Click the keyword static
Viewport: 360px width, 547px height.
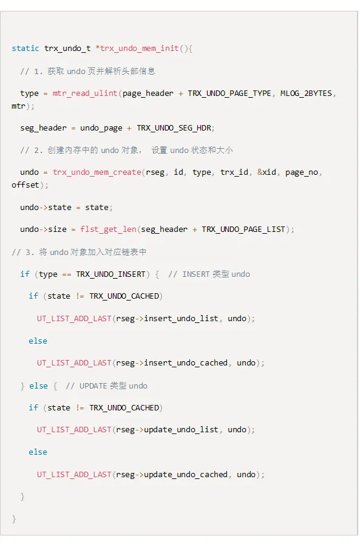[25, 48]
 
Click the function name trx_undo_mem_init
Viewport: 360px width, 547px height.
[140, 49]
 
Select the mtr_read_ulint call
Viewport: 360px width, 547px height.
[85, 93]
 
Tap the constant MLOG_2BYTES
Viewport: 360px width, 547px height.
[306, 93]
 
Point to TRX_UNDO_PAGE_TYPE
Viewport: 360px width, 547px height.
[229, 93]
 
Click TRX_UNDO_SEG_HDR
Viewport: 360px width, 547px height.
[174, 128]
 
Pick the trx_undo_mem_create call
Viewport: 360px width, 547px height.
[97, 172]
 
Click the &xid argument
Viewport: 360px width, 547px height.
[267, 172]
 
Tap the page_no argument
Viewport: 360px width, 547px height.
[301, 172]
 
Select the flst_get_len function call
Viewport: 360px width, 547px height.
[108, 229]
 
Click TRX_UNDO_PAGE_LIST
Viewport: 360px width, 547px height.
[243, 229]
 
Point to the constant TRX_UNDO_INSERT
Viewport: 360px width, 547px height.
[110, 274]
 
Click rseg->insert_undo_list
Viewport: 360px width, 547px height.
[167, 319]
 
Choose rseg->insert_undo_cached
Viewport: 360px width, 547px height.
[172, 363]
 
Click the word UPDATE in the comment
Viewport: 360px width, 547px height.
[93, 386]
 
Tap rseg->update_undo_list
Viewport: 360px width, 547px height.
[167, 430]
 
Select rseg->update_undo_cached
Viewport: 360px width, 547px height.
[172, 474]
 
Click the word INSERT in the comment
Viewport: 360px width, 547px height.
[195, 274]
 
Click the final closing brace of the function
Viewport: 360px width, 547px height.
[14, 519]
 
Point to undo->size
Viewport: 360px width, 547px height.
[43, 229]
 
